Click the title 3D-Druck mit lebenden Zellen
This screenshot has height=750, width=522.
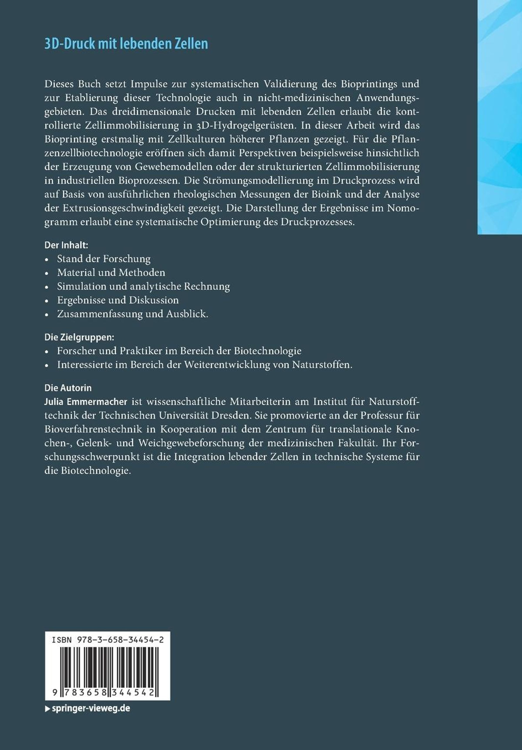[126, 44]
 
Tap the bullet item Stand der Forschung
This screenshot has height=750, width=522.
[104, 259]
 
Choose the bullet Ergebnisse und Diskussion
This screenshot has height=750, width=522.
[118, 300]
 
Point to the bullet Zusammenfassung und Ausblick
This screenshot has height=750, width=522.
[132, 314]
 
